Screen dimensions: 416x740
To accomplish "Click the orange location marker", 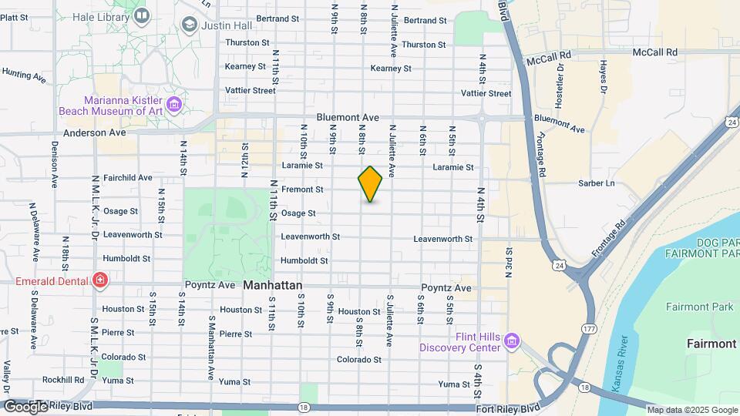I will click(x=370, y=184).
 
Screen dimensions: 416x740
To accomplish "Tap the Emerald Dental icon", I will click(x=100, y=280).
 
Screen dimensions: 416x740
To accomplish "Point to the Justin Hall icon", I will click(x=189, y=25).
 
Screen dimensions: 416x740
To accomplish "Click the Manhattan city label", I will click(x=273, y=285).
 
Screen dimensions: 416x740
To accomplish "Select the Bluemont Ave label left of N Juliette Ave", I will click(x=348, y=118).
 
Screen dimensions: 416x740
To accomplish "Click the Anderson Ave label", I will click(x=95, y=133).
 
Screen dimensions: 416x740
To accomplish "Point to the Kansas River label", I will click(x=622, y=362).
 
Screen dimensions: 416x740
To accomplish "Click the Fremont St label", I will click(x=302, y=189).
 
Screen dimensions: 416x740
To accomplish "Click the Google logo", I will click(x=25, y=406).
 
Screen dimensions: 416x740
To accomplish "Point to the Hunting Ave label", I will click(x=25, y=75).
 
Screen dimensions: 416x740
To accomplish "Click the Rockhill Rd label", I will click(x=63, y=380).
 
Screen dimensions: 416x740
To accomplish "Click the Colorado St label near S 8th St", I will click(x=359, y=360).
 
